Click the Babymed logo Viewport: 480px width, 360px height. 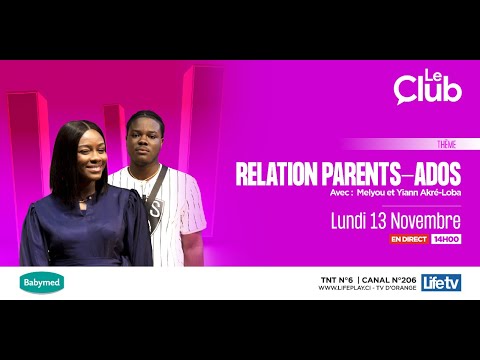tap(42, 282)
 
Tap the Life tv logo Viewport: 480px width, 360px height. tap(441, 282)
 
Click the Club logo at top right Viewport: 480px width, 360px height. tap(428, 88)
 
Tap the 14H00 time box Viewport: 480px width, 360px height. tap(445, 240)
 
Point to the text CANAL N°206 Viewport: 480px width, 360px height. tap(385, 277)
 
